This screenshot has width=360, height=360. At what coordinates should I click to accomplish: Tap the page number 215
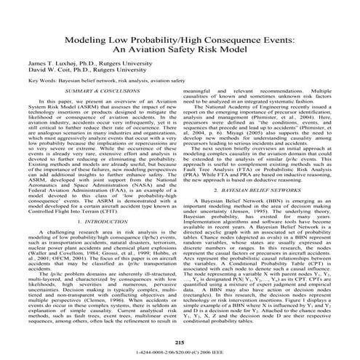point(179,342)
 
